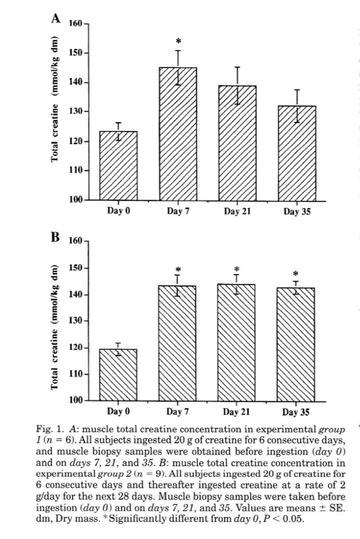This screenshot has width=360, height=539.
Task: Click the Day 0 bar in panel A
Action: coord(118,165)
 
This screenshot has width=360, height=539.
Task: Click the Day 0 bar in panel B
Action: coord(118,375)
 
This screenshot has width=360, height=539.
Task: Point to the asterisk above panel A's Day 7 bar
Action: coord(178,42)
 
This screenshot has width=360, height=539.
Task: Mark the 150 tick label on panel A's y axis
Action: coord(76,53)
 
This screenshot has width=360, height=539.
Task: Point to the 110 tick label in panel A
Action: coord(76,171)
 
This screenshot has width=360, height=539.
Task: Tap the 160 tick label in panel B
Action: coord(76,242)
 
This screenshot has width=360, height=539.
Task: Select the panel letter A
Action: coord(55,19)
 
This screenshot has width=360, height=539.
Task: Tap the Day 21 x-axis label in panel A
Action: coord(238,211)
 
